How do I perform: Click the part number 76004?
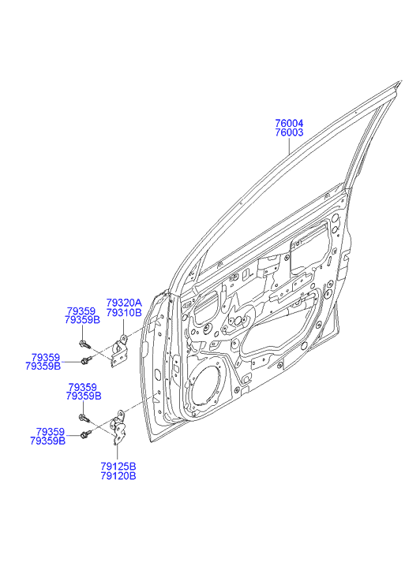click(x=289, y=123)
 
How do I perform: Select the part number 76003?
click(x=289, y=132)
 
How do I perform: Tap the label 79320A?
click(x=124, y=303)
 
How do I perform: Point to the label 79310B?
click(x=124, y=312)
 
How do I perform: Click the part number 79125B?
click(x=118, y=467)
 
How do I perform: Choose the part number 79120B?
click(x=118, y=476)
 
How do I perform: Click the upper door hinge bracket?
click(x=119, y=350)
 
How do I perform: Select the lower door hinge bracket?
click(x=118, y=427)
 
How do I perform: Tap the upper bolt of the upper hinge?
click(x=84, y=344)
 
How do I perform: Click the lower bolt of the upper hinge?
click(x=86, y=361)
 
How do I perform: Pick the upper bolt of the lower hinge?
click(x=84, y=418)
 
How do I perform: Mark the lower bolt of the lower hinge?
click(x=86, y=434)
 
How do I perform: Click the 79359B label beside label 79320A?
click(x=82, y=320)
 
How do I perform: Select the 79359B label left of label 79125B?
click(x=47, y=441)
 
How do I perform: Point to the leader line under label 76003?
click(x=289, y=145)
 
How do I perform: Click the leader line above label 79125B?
click(x=117, y=452)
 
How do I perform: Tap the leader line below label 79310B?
click(x=123, y=326)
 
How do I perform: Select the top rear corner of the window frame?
click(x=400, y=81)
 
